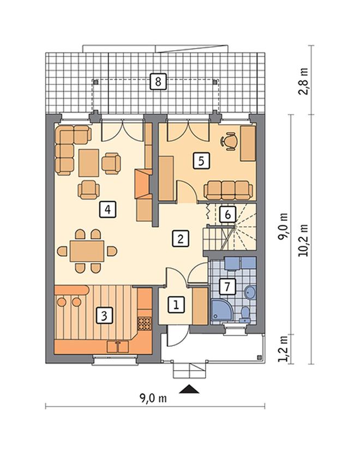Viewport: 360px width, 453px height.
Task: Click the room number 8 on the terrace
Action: coord(158,81)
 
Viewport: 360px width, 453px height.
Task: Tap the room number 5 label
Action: coord(201,160)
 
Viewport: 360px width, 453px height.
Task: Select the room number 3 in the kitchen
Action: coord(104,315)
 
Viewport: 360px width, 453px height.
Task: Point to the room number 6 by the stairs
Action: coord(227,214)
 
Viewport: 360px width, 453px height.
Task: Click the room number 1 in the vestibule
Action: coord(176,305)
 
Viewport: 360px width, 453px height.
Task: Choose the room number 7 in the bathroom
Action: coord(227,286)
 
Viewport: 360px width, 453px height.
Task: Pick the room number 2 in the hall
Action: coord(181,239)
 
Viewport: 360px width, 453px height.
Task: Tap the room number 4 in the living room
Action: coord(107,209)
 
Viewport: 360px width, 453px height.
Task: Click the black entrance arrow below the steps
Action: coord(189,389)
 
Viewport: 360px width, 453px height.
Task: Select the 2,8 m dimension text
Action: coord(304,81)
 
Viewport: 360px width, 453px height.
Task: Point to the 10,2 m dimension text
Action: coord(304,240)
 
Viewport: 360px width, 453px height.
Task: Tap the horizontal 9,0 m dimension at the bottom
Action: coord(153,398)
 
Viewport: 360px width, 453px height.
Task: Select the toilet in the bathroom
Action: coord(245,315)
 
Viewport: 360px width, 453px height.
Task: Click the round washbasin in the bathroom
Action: coord(250,292)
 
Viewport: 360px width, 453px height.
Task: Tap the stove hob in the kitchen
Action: coord(145,324)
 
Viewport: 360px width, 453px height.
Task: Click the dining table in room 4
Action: coord(87,251)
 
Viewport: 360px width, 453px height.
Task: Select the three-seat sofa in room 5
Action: coord(228,190)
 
